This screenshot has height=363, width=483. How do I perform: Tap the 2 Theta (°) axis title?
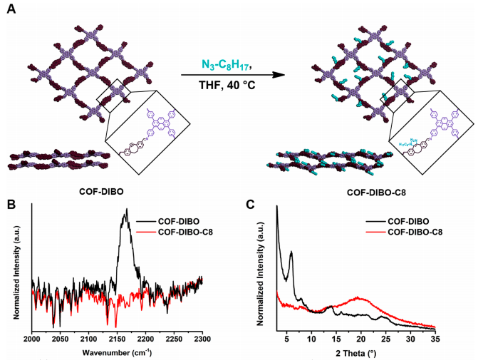pyautogui.click(x=360, y=353)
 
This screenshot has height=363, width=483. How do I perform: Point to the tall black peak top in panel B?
pyautogui.click(x=126, y=210)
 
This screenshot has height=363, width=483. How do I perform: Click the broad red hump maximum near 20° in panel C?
pyautogui.click(x=360, y=298)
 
